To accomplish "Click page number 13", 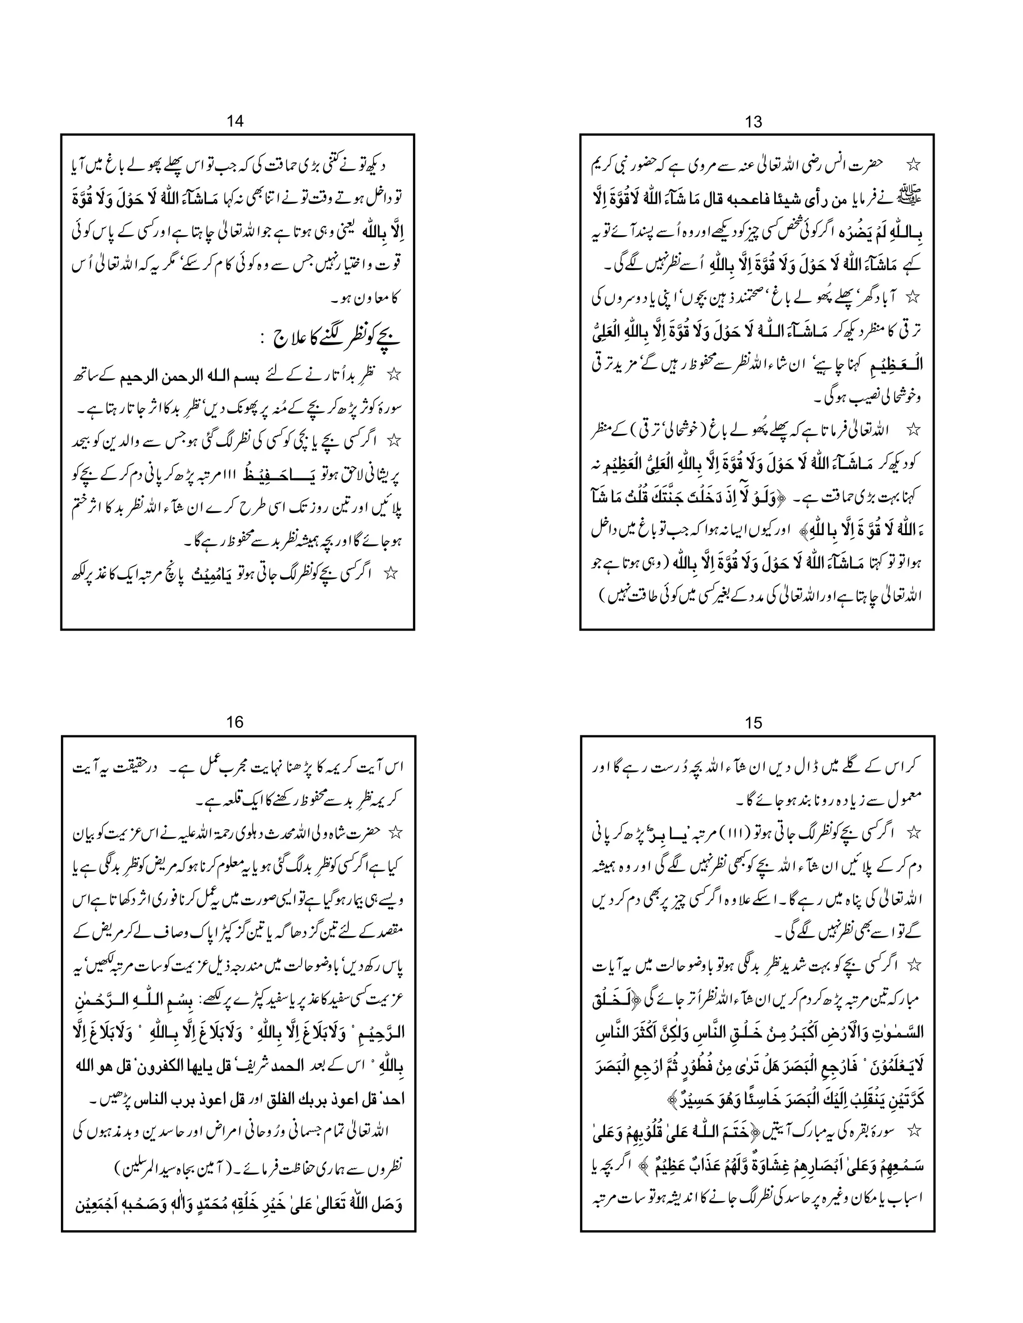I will coord(753,122).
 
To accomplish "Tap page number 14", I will coord(235,121).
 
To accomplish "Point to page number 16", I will coord(235,723).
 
